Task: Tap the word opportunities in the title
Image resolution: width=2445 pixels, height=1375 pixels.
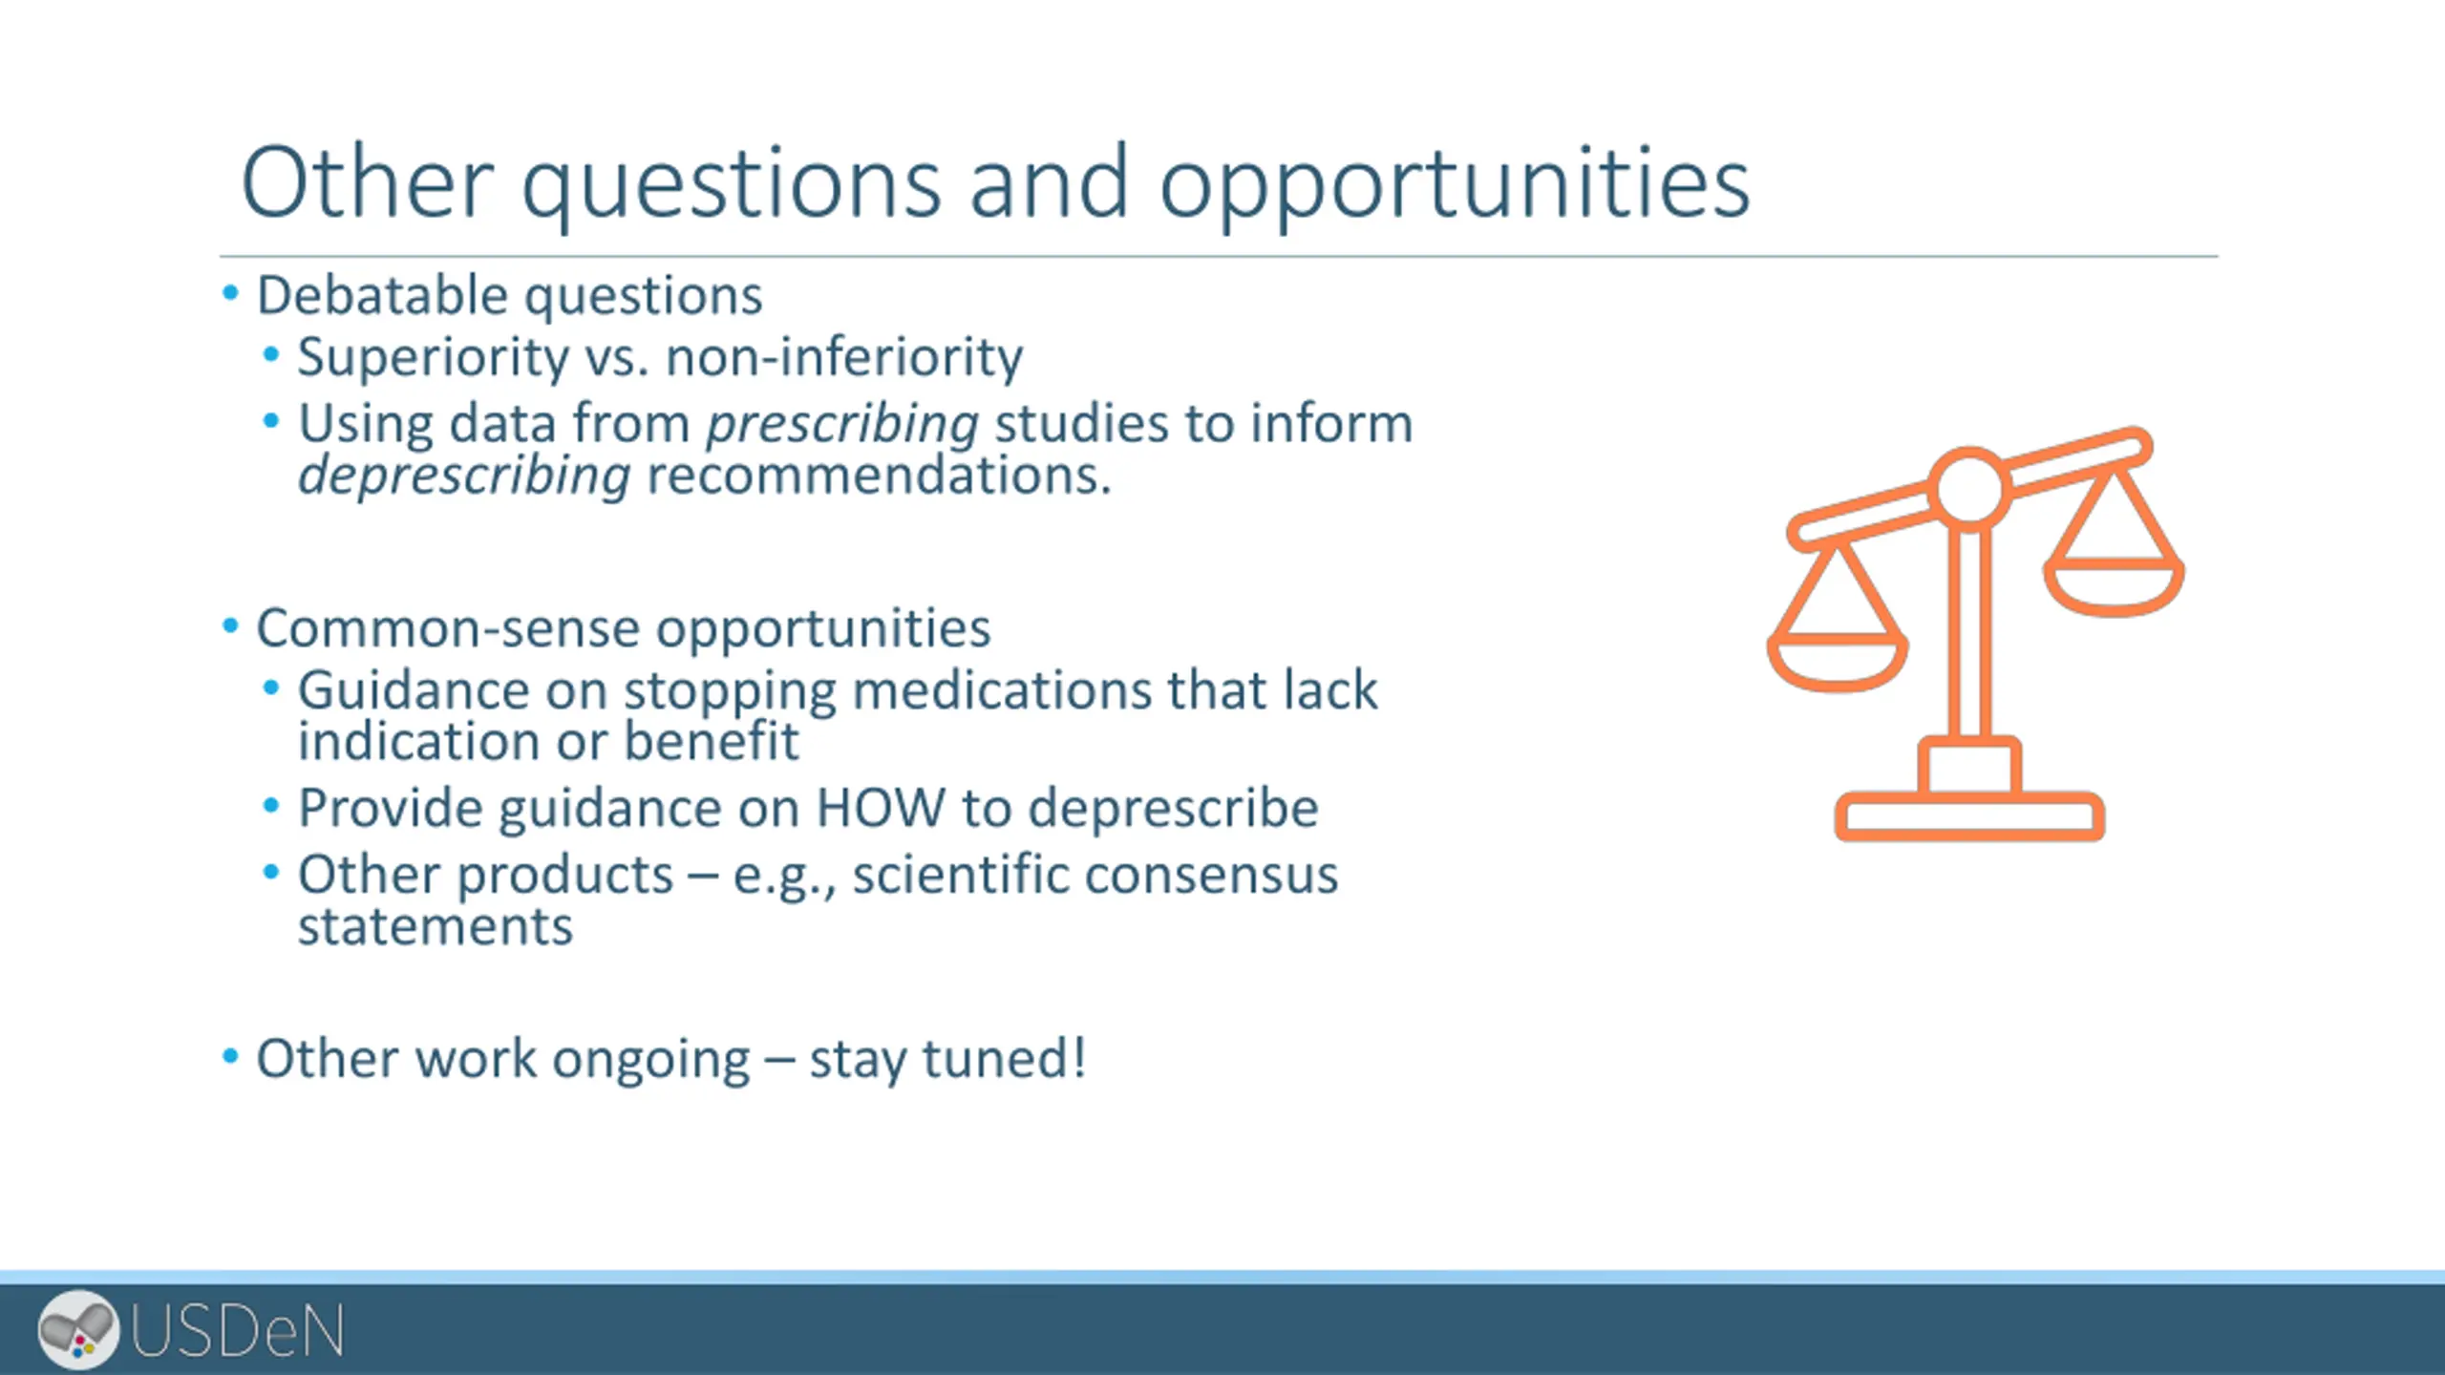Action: [1455, 186]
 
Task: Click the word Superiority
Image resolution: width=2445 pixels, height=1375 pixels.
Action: [433, 359]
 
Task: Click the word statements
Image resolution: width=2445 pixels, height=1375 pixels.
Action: [436, 926]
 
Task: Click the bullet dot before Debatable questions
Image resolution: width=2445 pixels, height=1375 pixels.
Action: [230, 292]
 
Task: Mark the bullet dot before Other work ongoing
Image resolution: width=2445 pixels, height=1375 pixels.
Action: [230, 1056]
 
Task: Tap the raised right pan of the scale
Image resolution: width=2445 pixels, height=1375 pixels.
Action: [2114, 586]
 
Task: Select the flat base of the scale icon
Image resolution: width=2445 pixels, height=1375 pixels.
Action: [1969, 816]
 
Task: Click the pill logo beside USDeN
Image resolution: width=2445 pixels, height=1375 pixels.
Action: [78, 1329]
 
